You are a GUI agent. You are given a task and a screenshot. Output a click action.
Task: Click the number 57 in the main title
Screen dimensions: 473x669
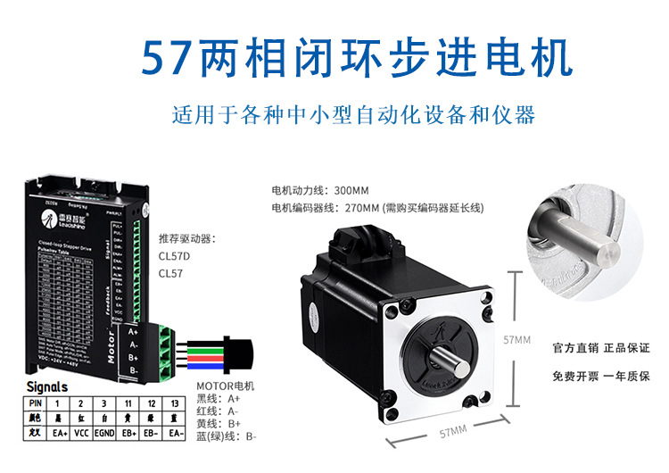pos(168,58)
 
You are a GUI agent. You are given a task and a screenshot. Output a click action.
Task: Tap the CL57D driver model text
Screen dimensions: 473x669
pos(175,256)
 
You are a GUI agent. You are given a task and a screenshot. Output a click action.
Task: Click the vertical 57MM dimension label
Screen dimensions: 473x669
pos(517,340)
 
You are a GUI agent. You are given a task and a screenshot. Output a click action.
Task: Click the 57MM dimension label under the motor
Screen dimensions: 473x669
pos(452,432)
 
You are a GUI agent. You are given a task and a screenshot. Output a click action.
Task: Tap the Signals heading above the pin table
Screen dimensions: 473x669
pos(47,387)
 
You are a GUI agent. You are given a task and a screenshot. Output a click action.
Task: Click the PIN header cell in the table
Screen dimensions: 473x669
pos(36,403)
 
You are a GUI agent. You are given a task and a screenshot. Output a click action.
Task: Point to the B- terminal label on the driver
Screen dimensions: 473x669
pos(133,369)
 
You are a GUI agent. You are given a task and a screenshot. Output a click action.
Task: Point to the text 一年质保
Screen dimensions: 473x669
pos(625,377)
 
